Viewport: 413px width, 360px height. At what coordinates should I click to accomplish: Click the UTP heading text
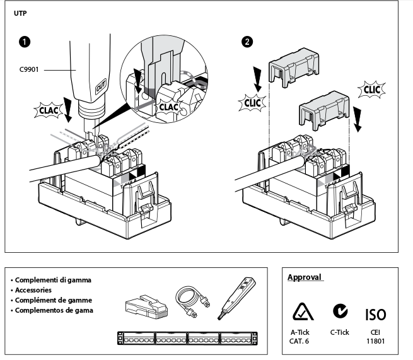pos(20,13)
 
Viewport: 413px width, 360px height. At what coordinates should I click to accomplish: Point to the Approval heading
pos(305,277)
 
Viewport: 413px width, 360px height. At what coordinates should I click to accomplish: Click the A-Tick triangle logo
pos(300,312)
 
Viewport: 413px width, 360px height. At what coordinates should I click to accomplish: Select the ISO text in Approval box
pos(376,313)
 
